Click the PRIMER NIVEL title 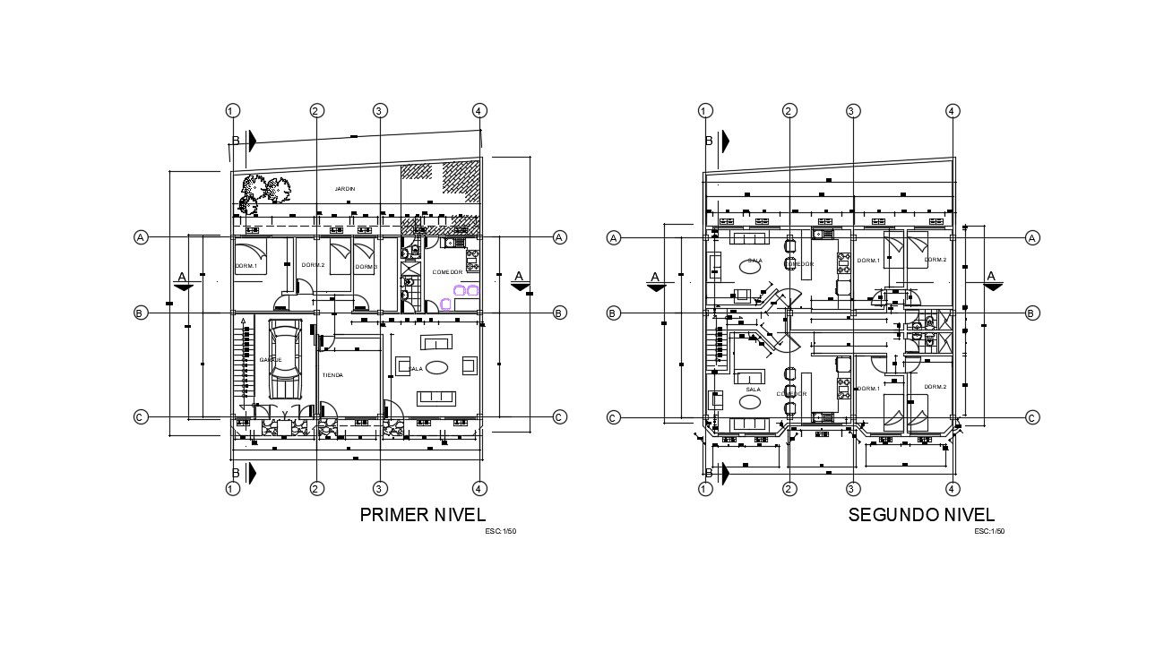click(x=422, y=515)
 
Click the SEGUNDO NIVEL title click(x=921, y=515)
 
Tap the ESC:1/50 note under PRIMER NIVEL click(x=500, y=532)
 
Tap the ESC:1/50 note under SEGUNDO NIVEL click(x=989, y=532)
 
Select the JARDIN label click(x=345, y=189)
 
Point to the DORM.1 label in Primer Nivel click(x=246, y=266)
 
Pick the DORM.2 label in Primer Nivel click(x=313, y=265)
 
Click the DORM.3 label click(x=366, y=267)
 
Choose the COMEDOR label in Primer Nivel click(x=447, y=271)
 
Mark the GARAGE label click(x=270, y=359)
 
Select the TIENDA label click(x=332, y=375)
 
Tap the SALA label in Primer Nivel click(x=416, y=368)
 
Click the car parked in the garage click(x=284, y=363)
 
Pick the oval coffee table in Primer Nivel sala click(x=438, y=367)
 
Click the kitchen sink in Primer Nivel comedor click(x=449, y=242)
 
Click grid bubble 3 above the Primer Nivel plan click(x=380, y=111)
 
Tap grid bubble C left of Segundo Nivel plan click(x=614, y=418)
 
